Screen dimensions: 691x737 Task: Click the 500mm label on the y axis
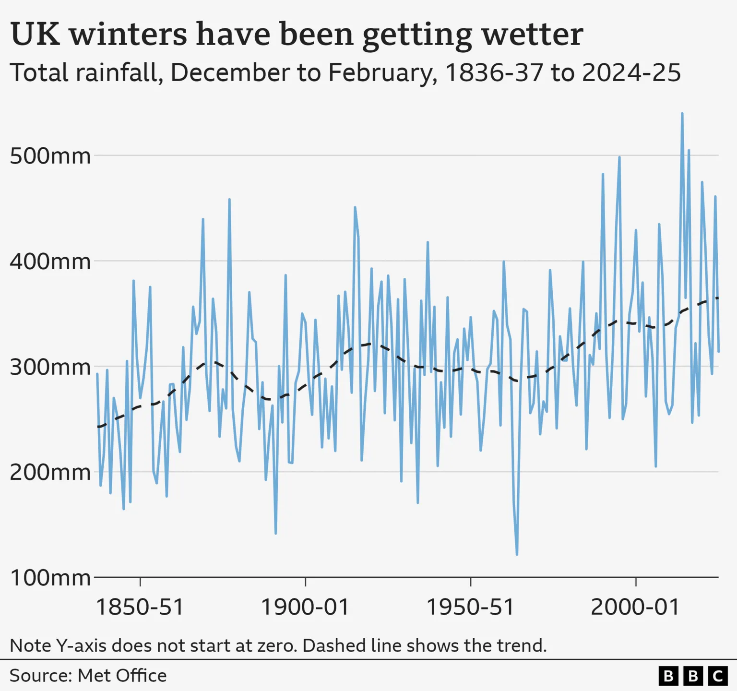point(50,156)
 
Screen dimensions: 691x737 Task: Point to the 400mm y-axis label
point(50,262)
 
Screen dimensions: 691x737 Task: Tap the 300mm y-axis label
point(50,367)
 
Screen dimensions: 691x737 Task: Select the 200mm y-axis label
point(50,473)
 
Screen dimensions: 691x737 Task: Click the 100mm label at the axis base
point(50,578)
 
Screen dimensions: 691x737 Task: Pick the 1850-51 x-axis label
point(140,607)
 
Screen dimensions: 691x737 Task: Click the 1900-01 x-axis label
point(305,607)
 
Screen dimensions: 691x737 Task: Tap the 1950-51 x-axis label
point(471,607)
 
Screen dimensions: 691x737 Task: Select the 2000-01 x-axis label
point(636,607)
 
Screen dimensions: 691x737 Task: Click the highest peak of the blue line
point(682,114)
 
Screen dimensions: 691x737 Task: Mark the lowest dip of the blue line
point(517,554)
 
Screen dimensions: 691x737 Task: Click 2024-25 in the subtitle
point(631,73)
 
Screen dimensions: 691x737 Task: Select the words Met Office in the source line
point(122,676)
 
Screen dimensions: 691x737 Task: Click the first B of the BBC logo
point(668,676)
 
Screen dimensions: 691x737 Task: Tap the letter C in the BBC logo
point(718,676)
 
